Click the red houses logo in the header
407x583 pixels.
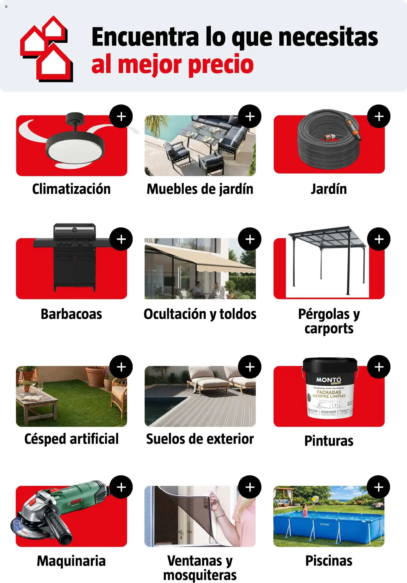tap(46, 49)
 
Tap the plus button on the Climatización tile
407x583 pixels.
tap(121, 116)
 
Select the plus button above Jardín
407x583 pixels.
tap(379, 116)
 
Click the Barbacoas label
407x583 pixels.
tap(71, 314)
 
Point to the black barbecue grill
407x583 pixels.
tap(75, 257)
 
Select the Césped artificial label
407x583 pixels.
tap(71, 439)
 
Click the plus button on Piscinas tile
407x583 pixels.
tap(378, 487)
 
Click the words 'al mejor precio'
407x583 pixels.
tap(173, 64)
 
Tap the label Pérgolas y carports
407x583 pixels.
tap(329, 321)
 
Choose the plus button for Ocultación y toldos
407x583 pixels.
tap(250, 239)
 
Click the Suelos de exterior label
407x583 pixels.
tap(200, 439)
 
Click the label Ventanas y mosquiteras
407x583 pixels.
tap(200, 568)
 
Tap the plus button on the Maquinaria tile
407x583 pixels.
tap(121, 487)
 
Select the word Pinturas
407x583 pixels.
tap(329, 441)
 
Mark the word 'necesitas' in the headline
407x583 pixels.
tap(328, 38)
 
